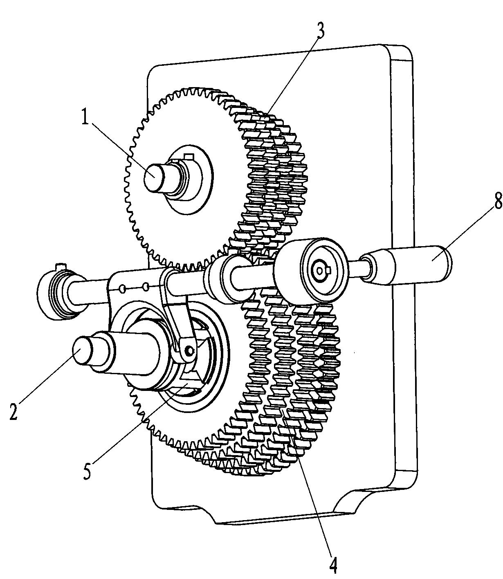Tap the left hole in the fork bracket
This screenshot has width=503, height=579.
(123, 289)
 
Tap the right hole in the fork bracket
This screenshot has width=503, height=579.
(146, 287)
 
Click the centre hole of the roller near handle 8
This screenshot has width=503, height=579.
(320, 271)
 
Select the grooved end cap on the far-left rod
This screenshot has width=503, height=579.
(58, 294)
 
